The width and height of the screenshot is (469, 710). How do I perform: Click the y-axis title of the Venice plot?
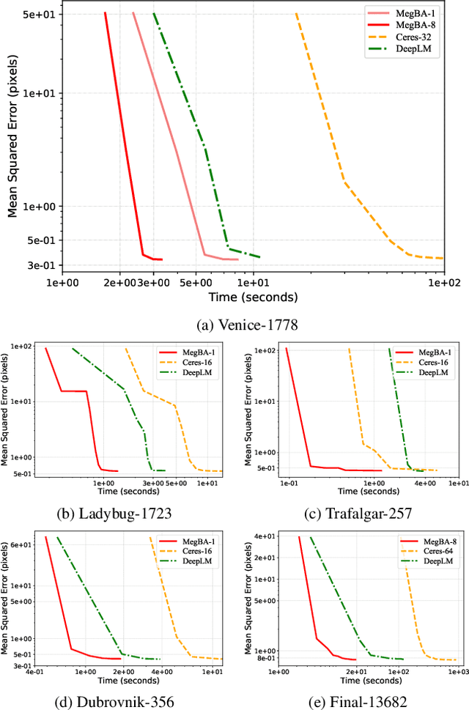pyautogui.click(x=12, y=139)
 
